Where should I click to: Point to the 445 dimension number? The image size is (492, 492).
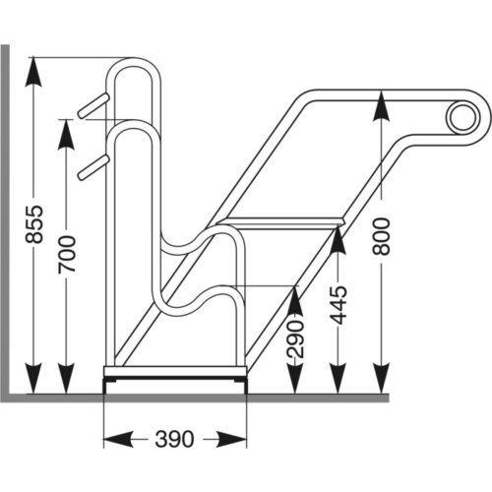point(338,306)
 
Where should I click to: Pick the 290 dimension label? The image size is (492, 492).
point(296,339)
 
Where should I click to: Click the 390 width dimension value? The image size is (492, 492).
point(174,438)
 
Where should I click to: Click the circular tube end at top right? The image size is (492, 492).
point(460,118)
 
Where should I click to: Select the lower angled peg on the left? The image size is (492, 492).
point(91,166)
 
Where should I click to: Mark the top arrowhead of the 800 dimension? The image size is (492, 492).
point(382,104)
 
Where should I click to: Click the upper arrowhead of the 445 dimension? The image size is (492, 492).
point(338,235)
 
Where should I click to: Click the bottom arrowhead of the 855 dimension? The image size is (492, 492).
point(33,380)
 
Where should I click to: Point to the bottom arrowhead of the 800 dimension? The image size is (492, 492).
point(382,380)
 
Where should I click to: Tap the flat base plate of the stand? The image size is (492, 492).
point(174,373)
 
